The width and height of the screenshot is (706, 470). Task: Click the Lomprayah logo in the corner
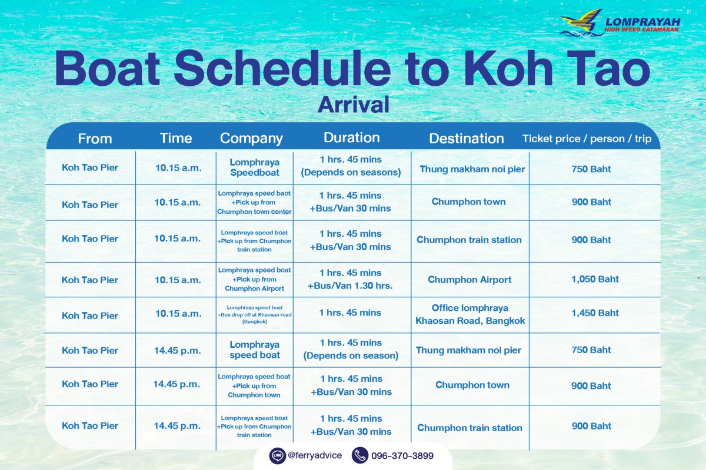point(620,23)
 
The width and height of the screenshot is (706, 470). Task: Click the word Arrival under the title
point(354,105)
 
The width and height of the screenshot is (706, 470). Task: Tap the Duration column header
point(351,137)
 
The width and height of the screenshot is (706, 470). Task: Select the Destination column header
point(467,139)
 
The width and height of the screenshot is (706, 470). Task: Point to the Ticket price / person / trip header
point(587,139)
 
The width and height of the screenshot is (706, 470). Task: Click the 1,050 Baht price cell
point(595,279)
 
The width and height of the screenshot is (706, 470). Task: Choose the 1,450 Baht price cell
point(595,313)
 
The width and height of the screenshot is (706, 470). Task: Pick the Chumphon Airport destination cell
point(469,280)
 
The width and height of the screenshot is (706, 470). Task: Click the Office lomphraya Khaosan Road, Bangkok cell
point(470,314)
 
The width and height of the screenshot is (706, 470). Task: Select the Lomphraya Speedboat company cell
point(255,167)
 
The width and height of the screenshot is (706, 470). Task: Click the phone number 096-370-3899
point(402,455)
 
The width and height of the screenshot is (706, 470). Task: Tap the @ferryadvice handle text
point(315,455)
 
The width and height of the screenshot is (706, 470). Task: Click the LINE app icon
point(277,455)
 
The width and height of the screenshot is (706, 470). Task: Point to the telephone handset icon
point(360,455)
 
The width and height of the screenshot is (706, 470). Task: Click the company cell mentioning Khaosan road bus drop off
point(255,314)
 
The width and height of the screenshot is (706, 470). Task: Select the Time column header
point(176,138)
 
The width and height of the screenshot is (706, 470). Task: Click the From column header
point(95,139)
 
